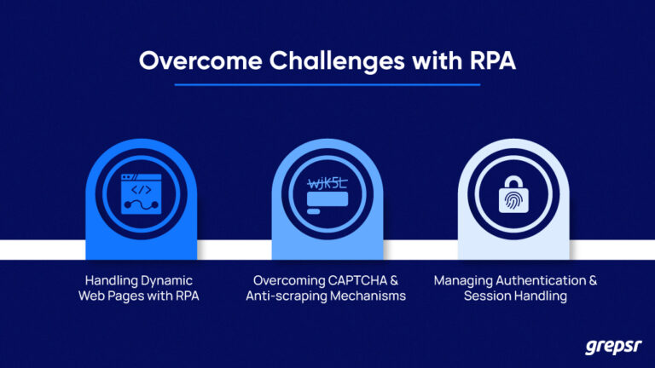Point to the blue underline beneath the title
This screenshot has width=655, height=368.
[327, 85]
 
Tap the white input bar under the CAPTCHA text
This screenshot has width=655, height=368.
[327, 202]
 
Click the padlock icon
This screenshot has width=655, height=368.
[513, 193]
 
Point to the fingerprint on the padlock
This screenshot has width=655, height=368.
[513, 201]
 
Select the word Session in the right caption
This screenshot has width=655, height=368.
[487, 296]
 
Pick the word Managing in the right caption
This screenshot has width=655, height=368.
[460, 280]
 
